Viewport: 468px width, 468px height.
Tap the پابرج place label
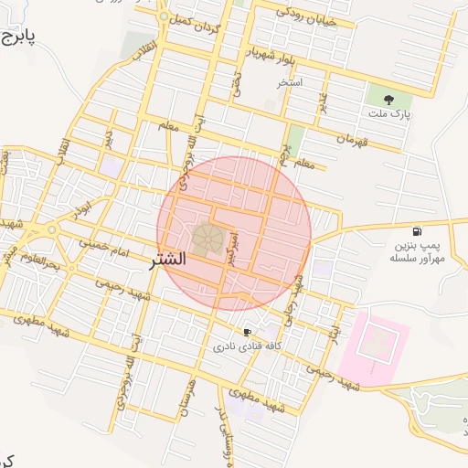[16, 37]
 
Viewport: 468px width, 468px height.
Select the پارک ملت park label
[390, 115]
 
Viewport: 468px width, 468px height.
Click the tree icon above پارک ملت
[390, 98]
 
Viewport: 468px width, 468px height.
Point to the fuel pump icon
[417, 231]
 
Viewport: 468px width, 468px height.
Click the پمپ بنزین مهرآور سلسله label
[416, 252]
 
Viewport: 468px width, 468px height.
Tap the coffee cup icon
[247, 332]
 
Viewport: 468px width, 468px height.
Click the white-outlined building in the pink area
[375, 343]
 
